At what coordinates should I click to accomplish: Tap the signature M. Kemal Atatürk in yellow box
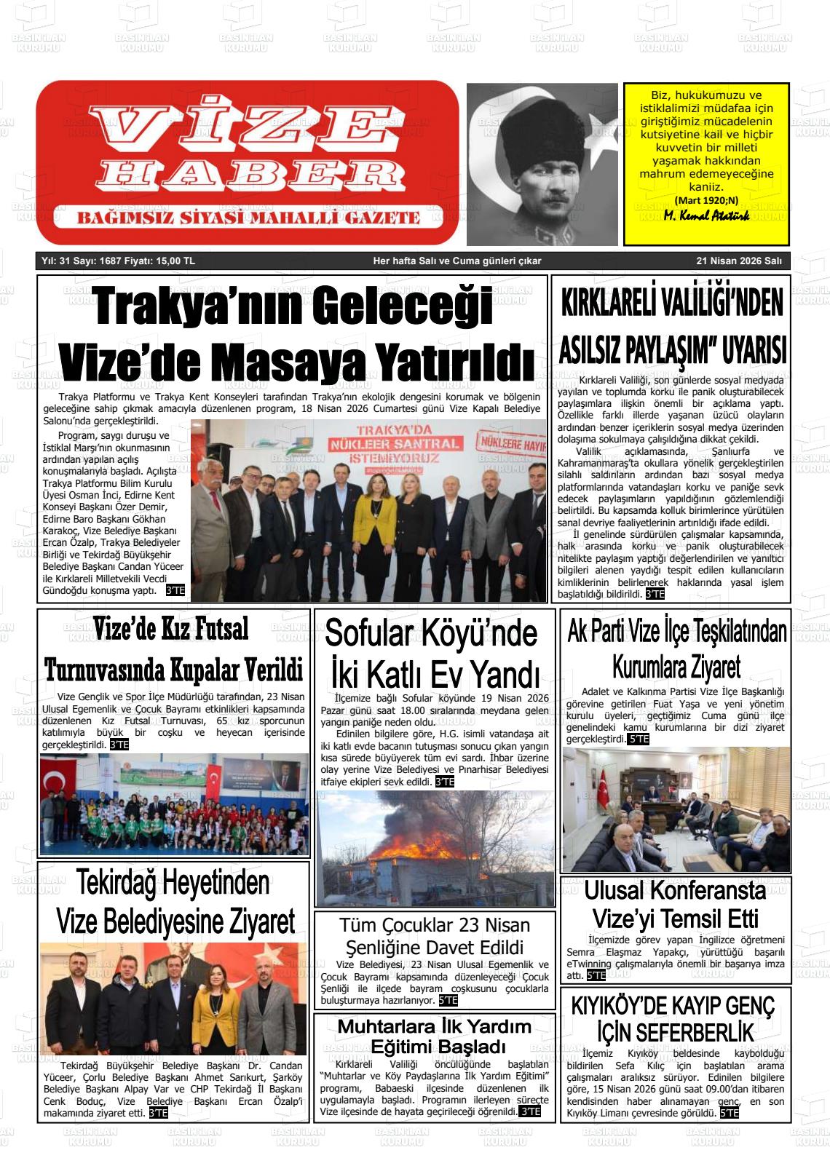[x=706, y=216]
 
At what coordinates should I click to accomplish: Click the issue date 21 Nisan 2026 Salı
[x=738, y=261]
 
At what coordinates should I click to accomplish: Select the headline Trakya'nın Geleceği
[x=293, y=306]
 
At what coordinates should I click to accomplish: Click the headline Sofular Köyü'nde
[x=431, y=632]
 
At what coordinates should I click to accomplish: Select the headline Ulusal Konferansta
[x=675, y=890]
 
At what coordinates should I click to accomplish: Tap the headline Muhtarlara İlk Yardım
[x=435, y=1026]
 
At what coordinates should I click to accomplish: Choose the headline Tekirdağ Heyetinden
[x=173, y=883]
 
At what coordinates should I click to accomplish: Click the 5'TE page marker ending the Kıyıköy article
[x=729, y=1114]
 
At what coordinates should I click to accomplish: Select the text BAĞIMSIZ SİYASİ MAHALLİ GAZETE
[x=249, y=218]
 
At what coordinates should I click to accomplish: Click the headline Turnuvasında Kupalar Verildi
[x=174, y=668]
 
